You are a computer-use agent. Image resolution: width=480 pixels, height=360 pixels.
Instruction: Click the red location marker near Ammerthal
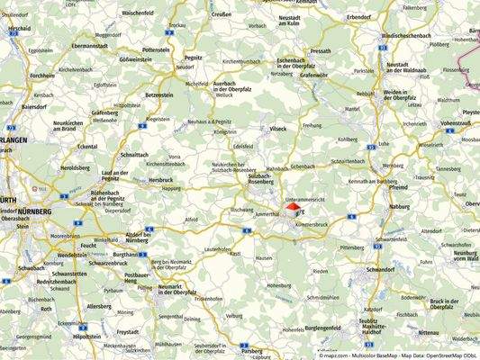point(291,207)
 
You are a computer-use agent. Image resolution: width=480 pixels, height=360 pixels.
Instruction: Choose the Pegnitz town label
point(194,56)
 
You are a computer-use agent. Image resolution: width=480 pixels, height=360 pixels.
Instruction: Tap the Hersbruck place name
point(162,180)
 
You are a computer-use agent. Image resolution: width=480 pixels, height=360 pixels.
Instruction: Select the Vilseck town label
point(277,129)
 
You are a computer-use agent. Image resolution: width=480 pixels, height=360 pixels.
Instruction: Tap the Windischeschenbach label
point(413,34)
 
